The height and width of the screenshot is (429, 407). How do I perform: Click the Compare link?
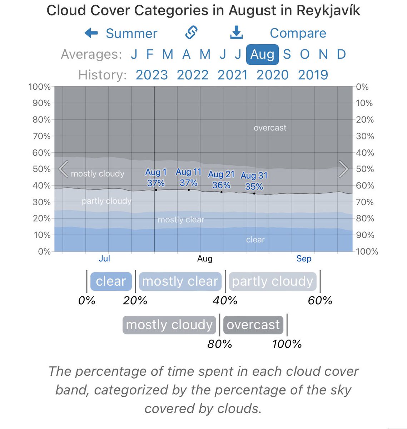298,33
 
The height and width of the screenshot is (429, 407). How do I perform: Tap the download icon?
236,33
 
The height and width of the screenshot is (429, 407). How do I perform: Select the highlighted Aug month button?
262,54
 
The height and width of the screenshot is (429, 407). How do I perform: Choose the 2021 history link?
233,75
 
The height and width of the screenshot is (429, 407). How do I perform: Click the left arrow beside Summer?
91,33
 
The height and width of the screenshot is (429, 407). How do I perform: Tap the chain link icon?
192,33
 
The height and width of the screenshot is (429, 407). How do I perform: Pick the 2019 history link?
313,75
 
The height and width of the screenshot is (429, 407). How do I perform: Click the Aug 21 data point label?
221,179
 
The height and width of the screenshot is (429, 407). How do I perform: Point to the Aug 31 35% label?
254,181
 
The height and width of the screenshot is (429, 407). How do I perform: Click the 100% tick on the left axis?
39,87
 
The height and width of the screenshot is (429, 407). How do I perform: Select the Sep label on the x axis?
304,258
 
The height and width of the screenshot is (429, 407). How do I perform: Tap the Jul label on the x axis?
104,258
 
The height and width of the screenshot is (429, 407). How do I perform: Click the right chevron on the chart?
343,169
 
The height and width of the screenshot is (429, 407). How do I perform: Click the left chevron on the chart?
64,169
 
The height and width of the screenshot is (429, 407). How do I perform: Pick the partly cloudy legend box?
273,281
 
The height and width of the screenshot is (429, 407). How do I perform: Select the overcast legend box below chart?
253,325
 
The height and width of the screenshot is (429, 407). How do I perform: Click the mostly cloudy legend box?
169,325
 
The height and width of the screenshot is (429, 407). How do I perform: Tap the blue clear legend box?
111,281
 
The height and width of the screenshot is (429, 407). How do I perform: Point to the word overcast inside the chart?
270,128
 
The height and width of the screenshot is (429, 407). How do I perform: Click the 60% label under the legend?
320,300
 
